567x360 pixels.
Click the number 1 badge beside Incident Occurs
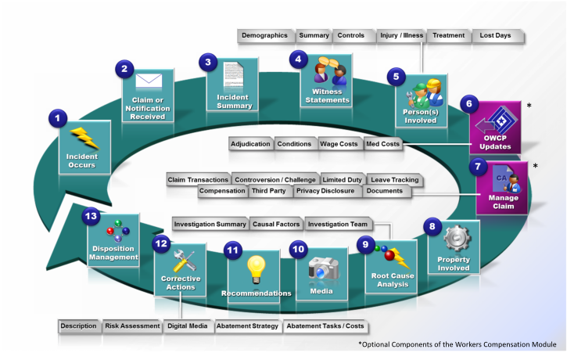56,118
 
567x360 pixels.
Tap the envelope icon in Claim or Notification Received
148,82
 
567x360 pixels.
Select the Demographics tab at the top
266,35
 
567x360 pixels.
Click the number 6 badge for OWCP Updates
468,103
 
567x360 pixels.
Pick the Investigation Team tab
339,224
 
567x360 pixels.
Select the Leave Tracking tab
394,180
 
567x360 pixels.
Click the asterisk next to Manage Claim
535,166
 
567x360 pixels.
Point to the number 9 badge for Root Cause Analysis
364,244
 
